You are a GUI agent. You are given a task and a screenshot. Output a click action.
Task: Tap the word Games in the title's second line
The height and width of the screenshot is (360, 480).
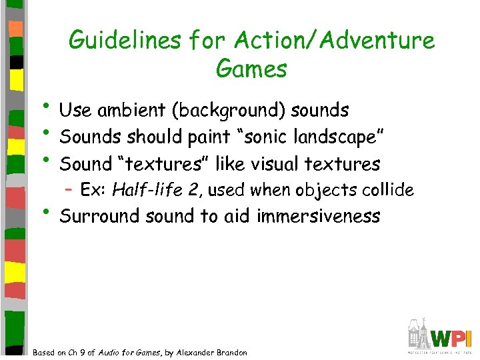pyautogui.click(x=251, y=68)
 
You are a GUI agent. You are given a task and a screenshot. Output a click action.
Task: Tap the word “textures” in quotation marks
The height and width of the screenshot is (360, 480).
pyautogui.click(x=163, y=164)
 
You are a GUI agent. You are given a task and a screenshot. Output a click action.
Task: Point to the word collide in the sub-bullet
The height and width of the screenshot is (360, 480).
pyautogui.click(x=389, y=191)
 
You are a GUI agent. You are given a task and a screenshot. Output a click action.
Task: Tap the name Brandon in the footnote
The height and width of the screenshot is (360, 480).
pyautogui.click(x=230, y=353)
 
